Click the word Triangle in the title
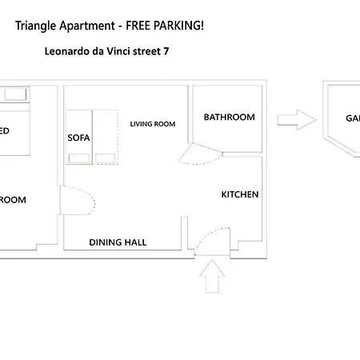tap(35, 26)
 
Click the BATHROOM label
tap(229, 118)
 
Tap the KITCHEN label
tap(240, 194)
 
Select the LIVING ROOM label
tap(153, 124)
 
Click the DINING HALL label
tap(118, 242)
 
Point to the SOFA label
tap(79, 138)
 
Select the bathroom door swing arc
tap(197, 154)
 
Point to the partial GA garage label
tap(352, 118)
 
